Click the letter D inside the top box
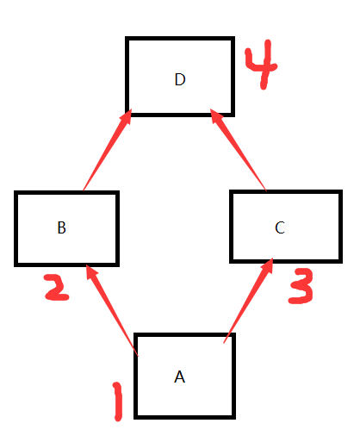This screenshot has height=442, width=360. tap(180, 79)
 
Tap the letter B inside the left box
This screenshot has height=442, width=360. tap(62, 227)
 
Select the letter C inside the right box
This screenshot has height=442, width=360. tap(280, 227)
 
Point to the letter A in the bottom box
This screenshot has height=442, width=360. tap(180, 377)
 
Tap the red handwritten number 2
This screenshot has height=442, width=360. tap(57, 287)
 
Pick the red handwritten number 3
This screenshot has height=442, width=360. tap(301, 286)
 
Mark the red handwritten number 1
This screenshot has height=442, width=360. tap(118, 402)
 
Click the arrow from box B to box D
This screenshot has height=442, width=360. tap(108, 150)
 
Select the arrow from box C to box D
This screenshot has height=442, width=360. tap(239, 150)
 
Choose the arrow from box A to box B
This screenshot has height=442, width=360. tap(112, 310)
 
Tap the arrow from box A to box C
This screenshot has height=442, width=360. tap(248, 301)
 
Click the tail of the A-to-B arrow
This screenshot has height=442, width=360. tap(138, 356)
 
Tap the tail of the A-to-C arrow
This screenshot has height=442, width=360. tap(224, 343)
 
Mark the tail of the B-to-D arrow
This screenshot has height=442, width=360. tap(84, 190)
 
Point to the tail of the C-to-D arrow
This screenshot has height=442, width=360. tap(266, 190)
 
